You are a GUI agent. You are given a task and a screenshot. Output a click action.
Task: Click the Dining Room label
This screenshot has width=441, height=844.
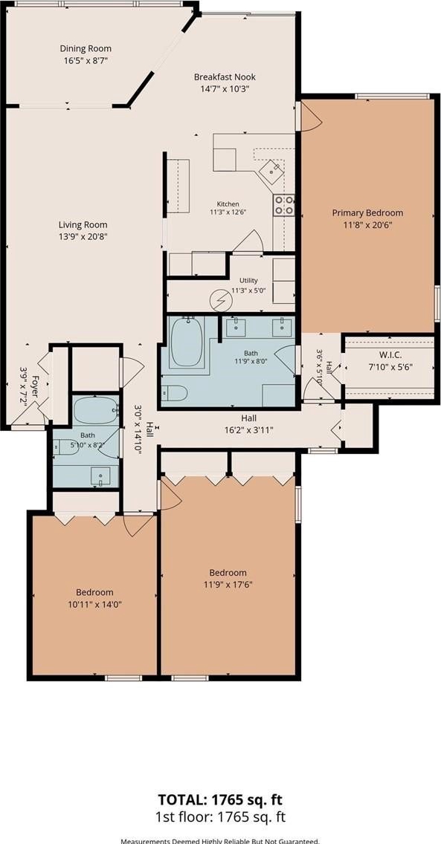(86, 49)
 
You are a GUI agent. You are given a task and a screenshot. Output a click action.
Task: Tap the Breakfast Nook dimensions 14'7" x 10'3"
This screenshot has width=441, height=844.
(225, 88)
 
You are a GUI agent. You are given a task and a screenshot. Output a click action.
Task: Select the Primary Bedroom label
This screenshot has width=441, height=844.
(367, 212)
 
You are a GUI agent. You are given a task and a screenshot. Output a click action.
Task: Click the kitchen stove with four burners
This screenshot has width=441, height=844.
(284, 205)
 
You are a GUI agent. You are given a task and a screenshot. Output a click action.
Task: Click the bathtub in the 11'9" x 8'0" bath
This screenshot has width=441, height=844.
(187, 343)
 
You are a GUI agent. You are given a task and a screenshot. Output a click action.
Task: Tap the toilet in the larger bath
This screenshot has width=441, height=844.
(174, 394)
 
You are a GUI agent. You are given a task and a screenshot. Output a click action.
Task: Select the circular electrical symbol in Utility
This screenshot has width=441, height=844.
(220, 300)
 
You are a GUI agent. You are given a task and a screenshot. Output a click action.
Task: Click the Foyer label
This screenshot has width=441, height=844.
(35, 386)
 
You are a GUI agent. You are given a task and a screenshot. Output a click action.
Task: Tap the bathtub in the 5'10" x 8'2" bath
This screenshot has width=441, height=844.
(96, 411)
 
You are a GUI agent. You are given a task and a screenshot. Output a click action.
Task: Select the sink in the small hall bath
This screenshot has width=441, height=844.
(100, 476)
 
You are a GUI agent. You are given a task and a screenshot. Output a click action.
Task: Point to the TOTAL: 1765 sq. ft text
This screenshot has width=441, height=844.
(220, 798)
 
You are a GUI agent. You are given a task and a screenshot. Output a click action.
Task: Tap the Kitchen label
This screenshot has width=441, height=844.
(228, 204)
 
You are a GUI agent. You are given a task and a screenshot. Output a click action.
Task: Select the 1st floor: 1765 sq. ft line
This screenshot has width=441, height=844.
(220, 817)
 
